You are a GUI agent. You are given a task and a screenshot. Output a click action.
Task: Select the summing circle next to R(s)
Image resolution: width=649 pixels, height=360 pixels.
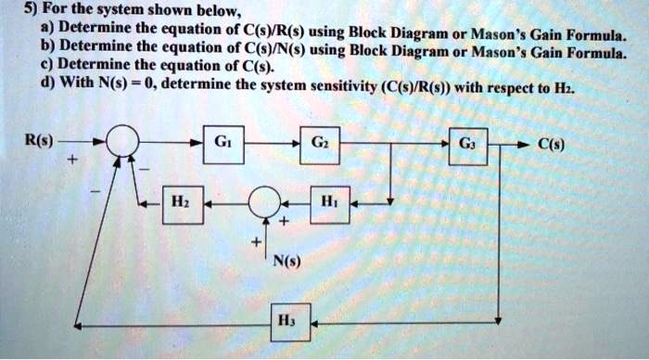pyautogui.click(x=122, y=146)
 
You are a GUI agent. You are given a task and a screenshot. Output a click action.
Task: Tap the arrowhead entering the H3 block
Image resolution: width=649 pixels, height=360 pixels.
pyautogui.click(x=314, y=323)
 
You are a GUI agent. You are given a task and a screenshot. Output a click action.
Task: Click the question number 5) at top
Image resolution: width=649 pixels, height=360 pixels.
pyautogui.click(x=22, y=12)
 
